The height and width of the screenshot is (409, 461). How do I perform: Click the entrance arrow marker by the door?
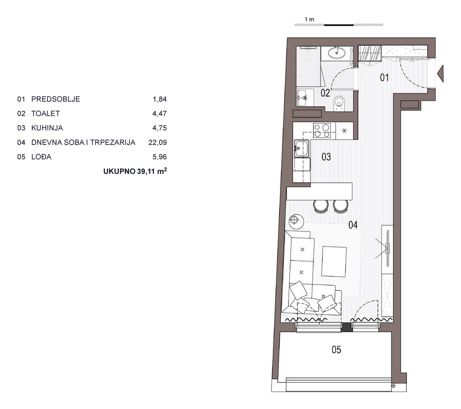(x=440, y=73)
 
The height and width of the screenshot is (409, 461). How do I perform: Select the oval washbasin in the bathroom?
(x=337, y=53)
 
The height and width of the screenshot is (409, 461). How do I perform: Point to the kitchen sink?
(x=302, y=148)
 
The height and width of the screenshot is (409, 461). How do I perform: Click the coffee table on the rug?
(x=334, y=261)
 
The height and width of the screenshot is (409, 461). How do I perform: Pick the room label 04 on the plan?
(x=353, y=225)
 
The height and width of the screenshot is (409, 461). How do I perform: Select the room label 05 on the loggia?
(x=336, y=349)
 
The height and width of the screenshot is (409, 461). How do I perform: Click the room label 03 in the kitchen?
(x=326, y=157)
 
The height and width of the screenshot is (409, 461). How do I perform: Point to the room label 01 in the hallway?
(x=384, y=78)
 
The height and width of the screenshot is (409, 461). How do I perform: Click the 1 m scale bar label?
(x=310, y=20)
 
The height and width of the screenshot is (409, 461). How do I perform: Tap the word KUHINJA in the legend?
(x=47, y=128)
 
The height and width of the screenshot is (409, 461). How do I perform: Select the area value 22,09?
(x=158, y=142)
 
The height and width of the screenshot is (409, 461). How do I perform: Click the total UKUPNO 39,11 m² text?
(x=135, y=171)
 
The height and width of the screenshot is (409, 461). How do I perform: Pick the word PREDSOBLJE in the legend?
(x=56, y=99)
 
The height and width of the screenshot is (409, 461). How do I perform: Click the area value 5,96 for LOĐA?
(x=159, y=157)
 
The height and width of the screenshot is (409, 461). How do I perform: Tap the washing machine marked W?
(x=305, y=98)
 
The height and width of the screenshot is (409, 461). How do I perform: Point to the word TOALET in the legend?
(x=45, y=113)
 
